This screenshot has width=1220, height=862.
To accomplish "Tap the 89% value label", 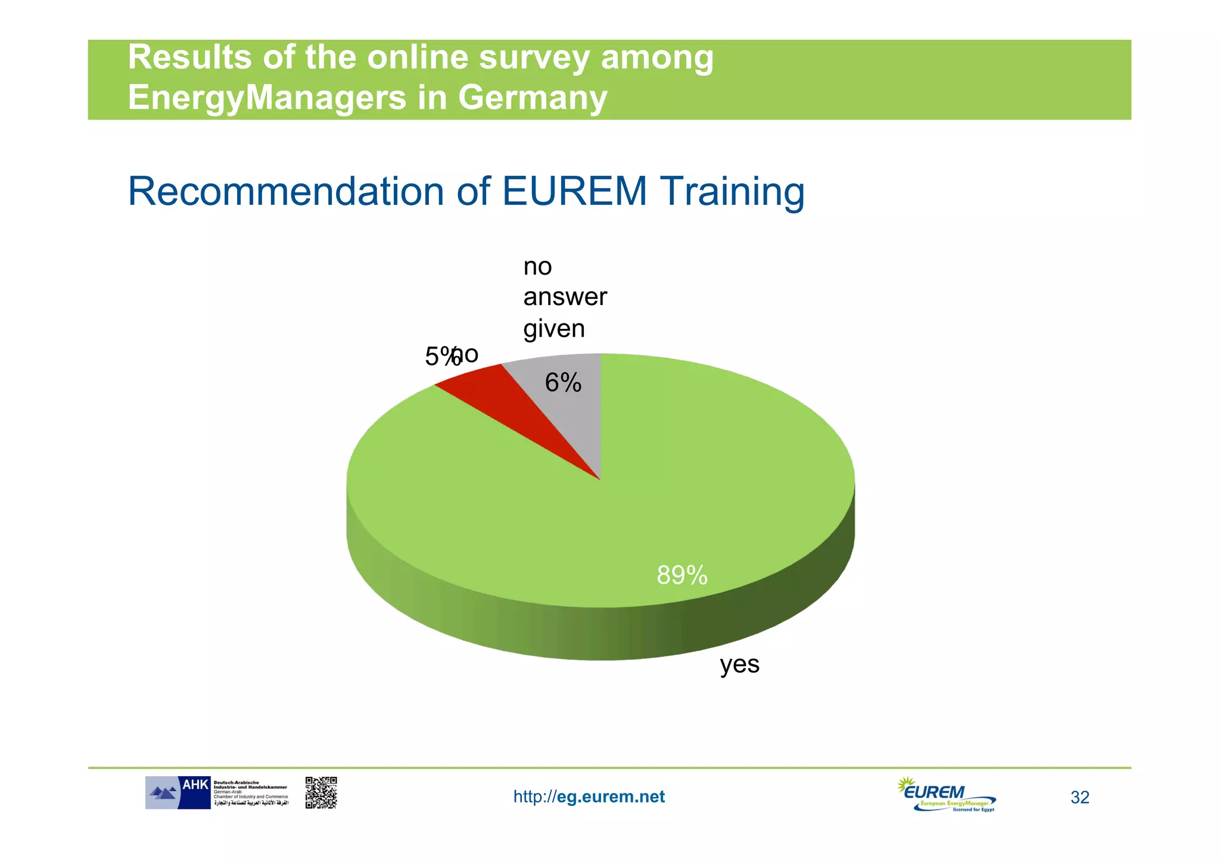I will pos(681,575).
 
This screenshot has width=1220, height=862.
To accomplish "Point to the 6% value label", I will pos(563,383).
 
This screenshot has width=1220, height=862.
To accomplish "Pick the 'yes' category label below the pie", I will pos(739,664).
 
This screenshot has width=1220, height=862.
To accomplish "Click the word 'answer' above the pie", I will pos(565,297).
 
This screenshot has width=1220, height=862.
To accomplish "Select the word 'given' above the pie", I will pos(554,328).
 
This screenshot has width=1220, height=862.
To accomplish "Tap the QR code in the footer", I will pos(321,792).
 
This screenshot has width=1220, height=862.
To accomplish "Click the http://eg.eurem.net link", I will pos(589,797).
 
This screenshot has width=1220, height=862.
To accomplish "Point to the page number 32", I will pos(1079,798).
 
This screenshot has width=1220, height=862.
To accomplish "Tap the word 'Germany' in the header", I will pos(533,97).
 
